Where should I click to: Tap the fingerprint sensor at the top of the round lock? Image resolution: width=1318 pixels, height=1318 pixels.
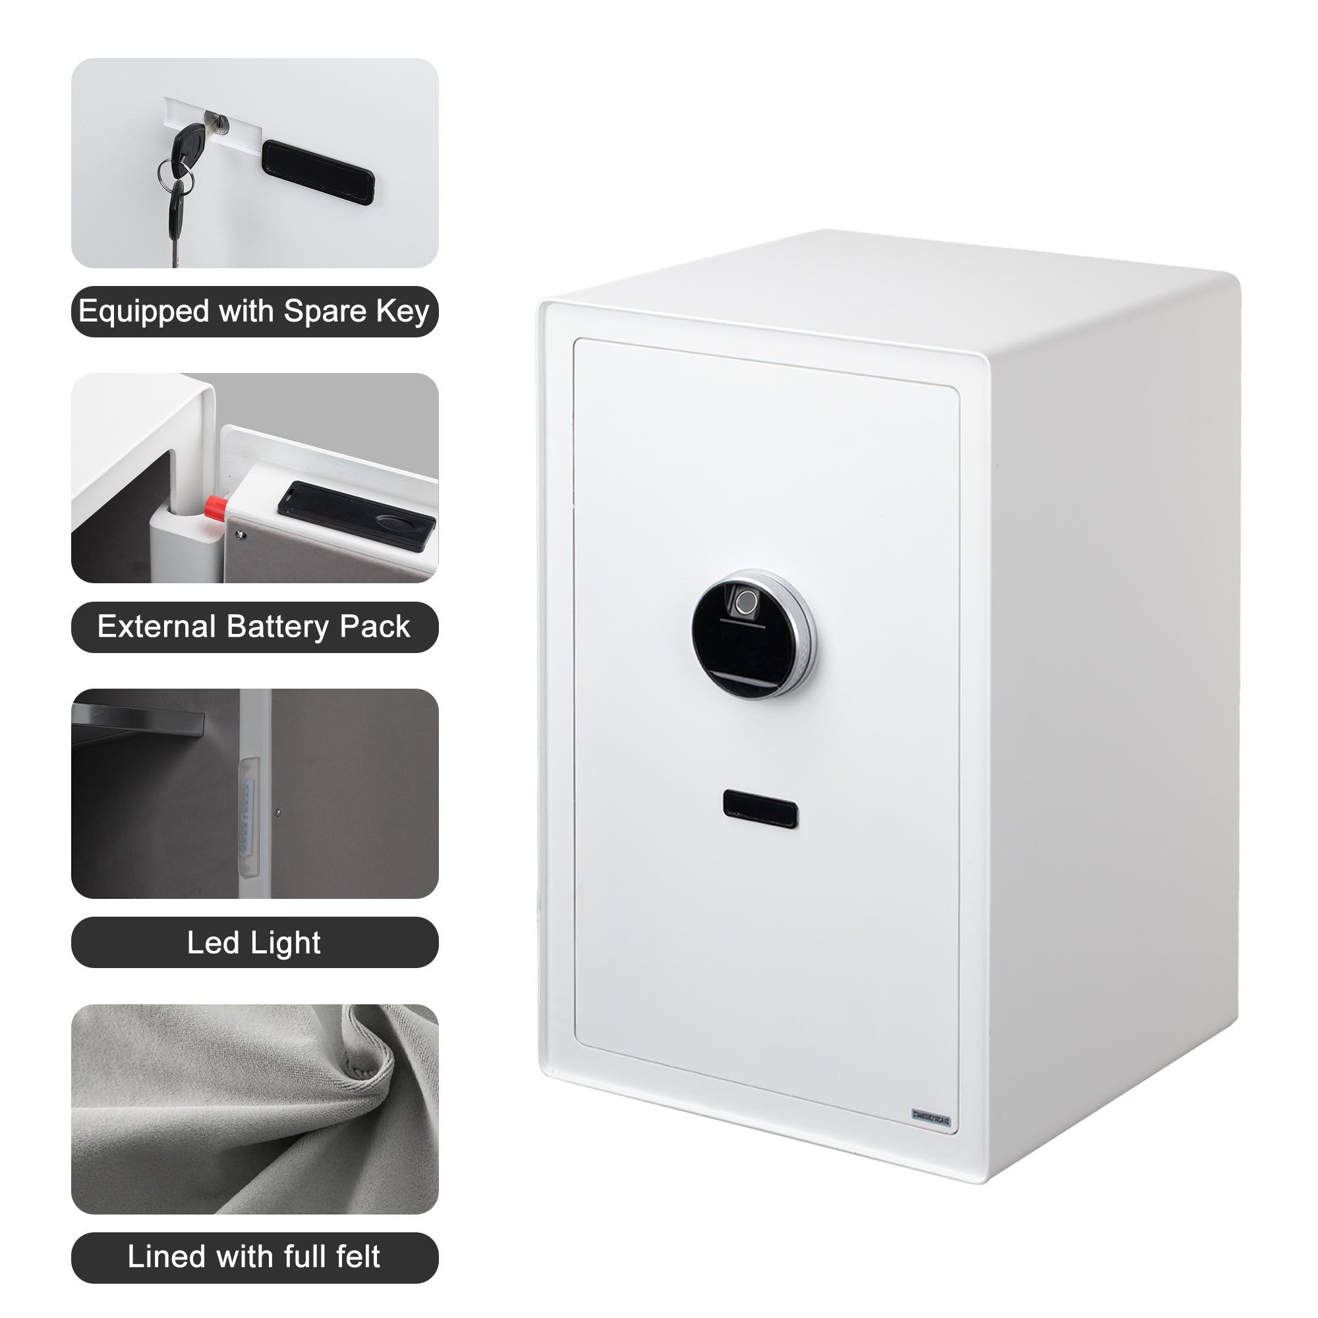747,602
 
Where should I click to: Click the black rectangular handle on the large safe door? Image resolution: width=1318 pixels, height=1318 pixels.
760,809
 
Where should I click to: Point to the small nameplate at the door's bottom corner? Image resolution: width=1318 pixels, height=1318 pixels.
931,1118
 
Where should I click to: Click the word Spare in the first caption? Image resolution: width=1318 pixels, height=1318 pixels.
325,311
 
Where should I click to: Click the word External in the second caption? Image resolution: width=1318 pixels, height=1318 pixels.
156,626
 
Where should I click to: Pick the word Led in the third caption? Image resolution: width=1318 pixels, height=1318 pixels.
212,943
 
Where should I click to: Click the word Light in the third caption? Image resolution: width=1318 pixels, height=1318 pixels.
285,943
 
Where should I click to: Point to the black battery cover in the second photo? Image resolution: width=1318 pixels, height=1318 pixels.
356,514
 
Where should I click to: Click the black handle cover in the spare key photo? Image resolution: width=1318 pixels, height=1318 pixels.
318,172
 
